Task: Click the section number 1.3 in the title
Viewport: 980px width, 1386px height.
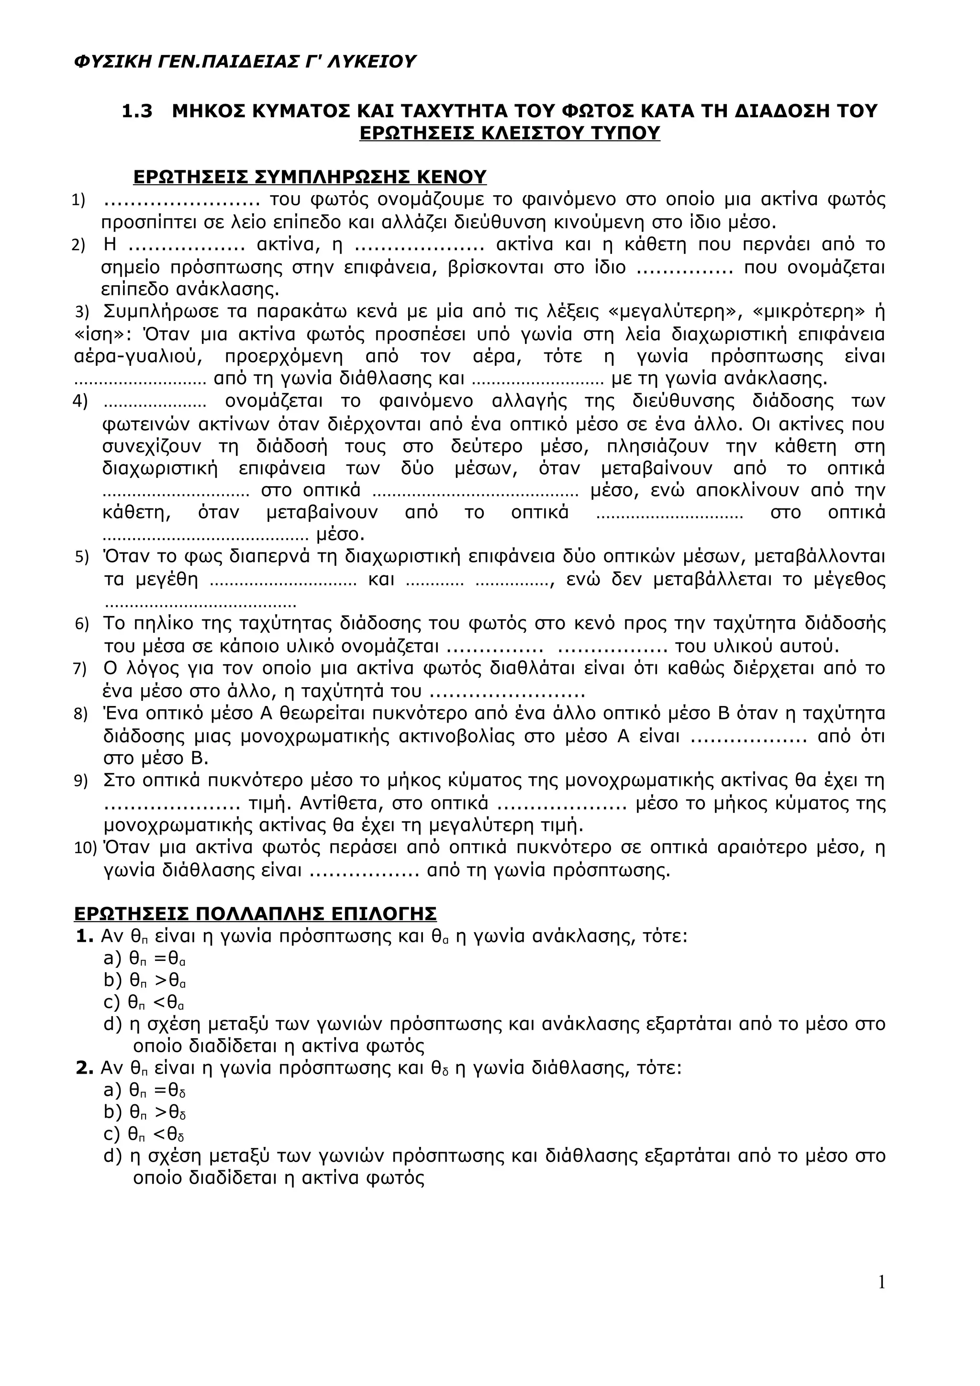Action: pos(138,111)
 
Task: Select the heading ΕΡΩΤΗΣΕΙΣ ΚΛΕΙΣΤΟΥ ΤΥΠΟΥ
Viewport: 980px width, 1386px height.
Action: pos(510,133)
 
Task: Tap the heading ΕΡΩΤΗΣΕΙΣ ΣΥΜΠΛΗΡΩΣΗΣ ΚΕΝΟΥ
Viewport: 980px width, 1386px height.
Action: pos(310,177)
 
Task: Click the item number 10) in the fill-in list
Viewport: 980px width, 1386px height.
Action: pos(85,848)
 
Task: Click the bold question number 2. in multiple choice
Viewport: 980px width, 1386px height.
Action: pos(85,1068)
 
